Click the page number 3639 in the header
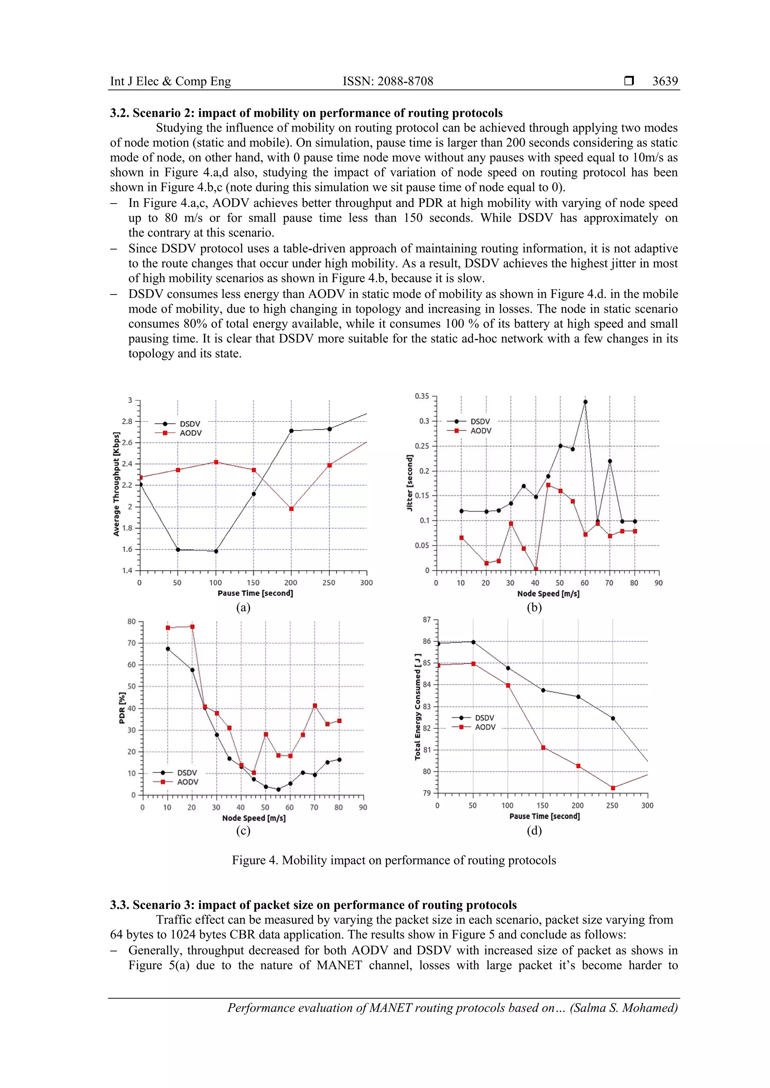tap(665, 81)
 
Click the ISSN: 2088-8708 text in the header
tap(388, 81)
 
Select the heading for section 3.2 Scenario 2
tap(306, 113)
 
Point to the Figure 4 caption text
tap(394, 860)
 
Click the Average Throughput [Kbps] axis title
tap(116, 484)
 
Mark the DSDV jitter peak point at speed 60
tap(585, 402)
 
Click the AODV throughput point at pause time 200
tap(291, 509)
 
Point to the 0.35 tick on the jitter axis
tap(421, 396)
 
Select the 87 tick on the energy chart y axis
tap(427, 620)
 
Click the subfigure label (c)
tap(243, 830)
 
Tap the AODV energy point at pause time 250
tap(612, 788)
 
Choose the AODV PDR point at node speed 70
tap(315, 706)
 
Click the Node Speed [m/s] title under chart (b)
tap(548, 593)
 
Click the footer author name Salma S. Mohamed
tap(624, 1008)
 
